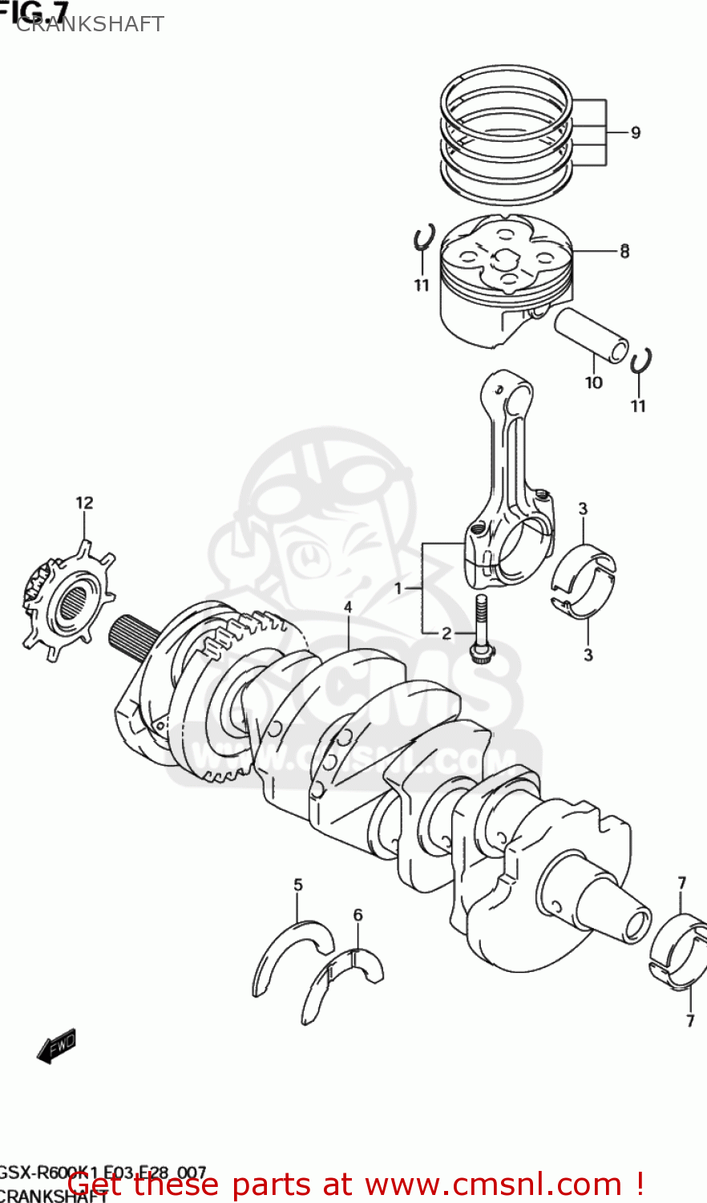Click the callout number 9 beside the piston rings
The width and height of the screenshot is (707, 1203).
coord(635,132)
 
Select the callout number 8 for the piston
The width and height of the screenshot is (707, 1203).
coord(624,251)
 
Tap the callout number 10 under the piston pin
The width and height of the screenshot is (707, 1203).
coord(593,383)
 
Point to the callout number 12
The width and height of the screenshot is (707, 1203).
coord(84,503)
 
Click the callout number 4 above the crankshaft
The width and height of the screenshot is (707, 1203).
coord(348,607)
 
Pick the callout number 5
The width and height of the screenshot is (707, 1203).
coord(298,885)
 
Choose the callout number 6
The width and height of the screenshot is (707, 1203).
coord(358,914)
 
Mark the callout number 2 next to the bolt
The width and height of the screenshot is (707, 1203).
coord(446,634)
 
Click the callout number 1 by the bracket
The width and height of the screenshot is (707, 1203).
coord(398,589)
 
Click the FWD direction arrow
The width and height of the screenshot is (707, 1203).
coord(57,1046)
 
